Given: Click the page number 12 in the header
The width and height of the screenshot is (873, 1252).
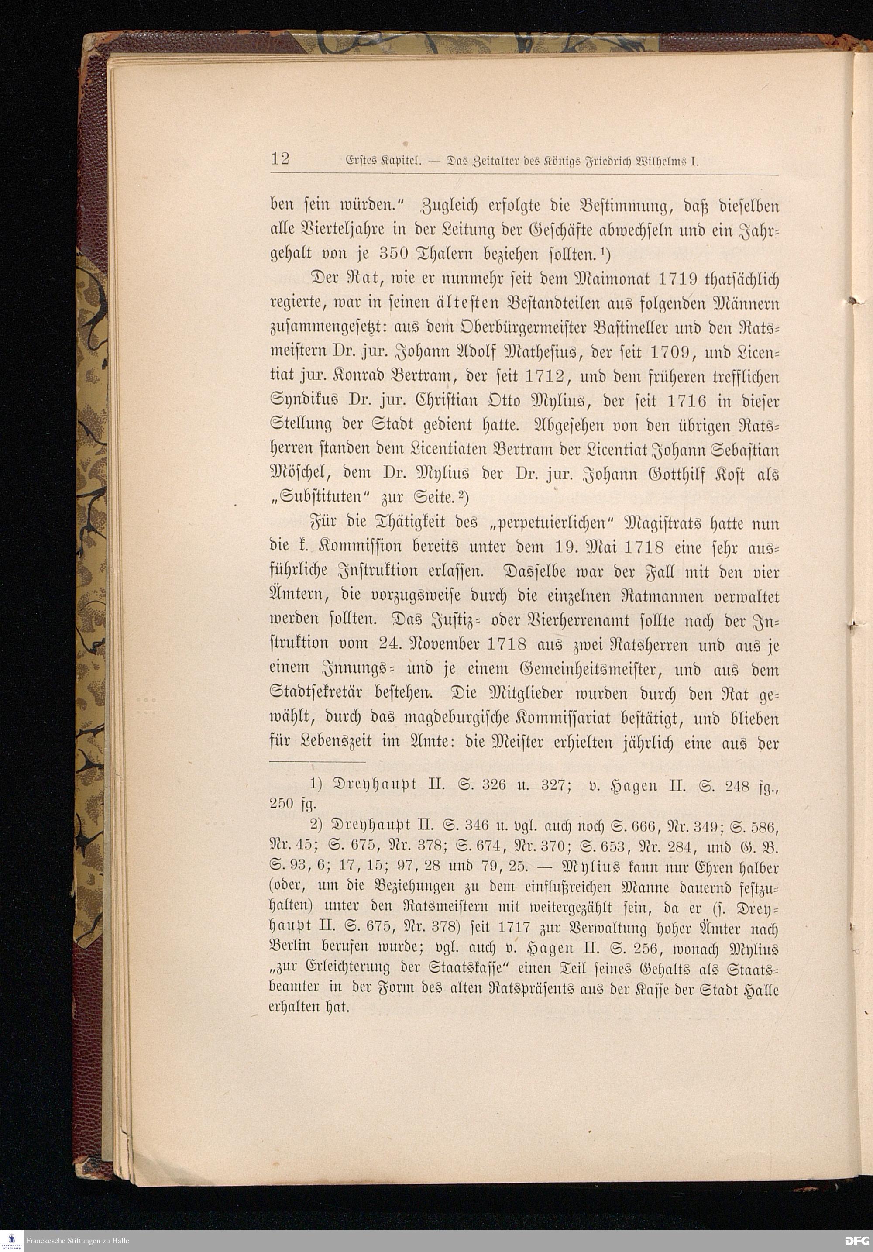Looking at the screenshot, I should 280,160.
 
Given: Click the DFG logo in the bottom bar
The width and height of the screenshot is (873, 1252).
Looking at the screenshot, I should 857,1241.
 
